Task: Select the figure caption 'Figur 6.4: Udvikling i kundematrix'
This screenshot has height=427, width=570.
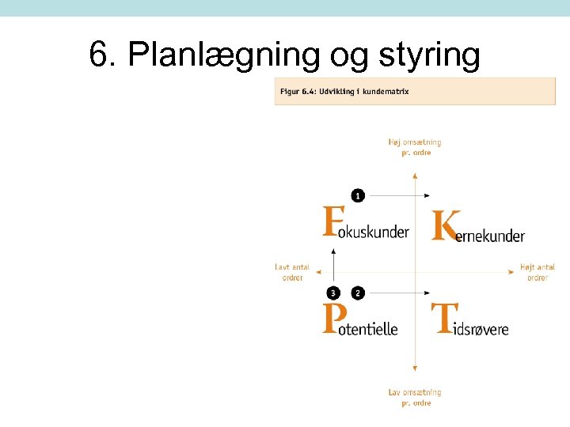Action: (x=344, y=92)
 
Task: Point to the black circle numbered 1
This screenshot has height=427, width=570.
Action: (x=358, y=195)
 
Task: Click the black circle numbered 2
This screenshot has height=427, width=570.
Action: (x=358, y=293)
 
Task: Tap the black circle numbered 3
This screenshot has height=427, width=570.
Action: (x=334, y=293)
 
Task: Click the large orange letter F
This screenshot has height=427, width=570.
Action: (x=334, y=221)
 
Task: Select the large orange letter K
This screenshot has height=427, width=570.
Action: (x=446, y=225)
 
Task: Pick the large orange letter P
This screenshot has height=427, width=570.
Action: (x=334, y=319)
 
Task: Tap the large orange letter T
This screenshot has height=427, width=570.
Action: (x=443, y=319)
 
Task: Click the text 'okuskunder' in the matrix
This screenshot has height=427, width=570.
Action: (x=378, y=232)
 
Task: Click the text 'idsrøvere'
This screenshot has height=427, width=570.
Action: (x=481, y=328)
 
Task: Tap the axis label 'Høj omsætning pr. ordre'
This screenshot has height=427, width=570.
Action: (x=414, y=147)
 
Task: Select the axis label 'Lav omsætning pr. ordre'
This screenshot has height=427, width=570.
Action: (x=414, y=397)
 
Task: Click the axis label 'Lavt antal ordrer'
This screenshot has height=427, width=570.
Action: (x=292, y=273)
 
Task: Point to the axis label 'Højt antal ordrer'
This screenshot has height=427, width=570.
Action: (x=538, y=273)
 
